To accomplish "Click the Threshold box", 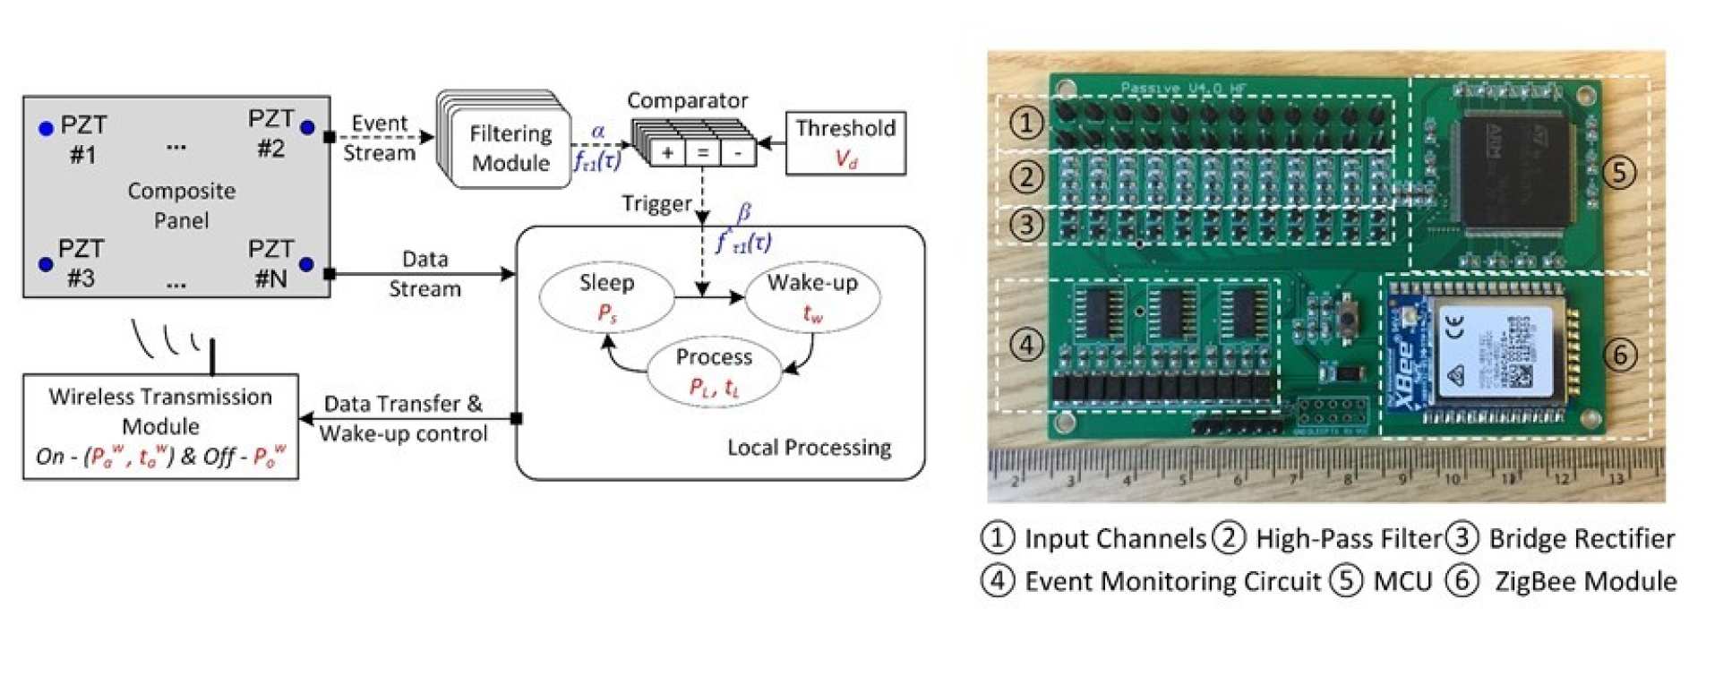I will (845, 142).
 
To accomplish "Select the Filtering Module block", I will (510, 148).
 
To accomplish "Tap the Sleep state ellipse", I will (606, 296).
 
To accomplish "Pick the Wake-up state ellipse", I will (812, 296).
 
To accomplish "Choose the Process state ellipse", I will (714, 371).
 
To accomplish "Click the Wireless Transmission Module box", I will (160, 426).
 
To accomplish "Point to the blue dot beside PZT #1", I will (46, 129).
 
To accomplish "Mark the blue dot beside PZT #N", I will (306, 264).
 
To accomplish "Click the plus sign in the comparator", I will (667, 153).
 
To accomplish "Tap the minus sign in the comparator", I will (737, 153).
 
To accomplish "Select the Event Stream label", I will (380, 138).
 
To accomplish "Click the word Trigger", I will (656, 204).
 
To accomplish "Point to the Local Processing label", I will (809, 448).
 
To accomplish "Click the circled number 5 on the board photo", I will (1618, 172).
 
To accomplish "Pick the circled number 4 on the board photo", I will (1026, 345).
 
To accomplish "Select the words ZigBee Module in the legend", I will (1585, 581).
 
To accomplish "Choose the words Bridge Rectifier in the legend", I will (1582, 538).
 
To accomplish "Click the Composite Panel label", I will (181, 205).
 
